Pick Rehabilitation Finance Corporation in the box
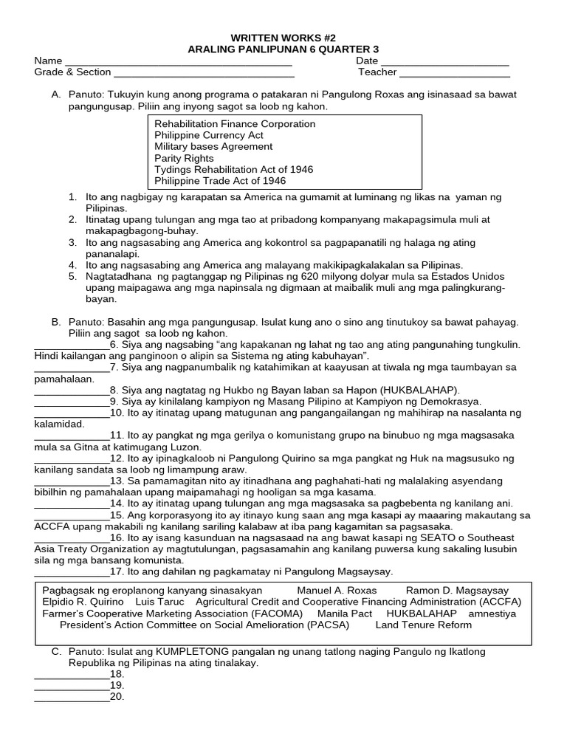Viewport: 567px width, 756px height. click(x=235, y=124)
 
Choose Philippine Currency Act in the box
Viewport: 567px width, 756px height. click(x=209, y=135)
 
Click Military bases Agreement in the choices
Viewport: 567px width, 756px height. click(x=213, y=147)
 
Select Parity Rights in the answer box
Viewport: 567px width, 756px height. click(x=184, y=158)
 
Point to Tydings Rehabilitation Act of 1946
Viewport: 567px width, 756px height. click(x=233, y=169)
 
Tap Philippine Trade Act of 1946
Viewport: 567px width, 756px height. click(x=220, y=181)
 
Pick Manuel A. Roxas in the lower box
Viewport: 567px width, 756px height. click(x=337, y=591)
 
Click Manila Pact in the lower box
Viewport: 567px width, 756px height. click(x=346, y=614)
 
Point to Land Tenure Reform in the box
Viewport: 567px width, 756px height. click(x=424, y=625)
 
